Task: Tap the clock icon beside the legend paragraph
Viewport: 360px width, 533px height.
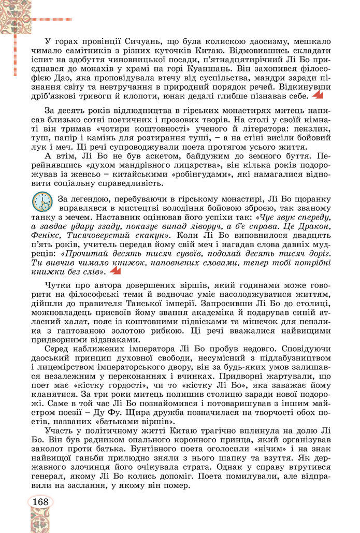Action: coord(42,201)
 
